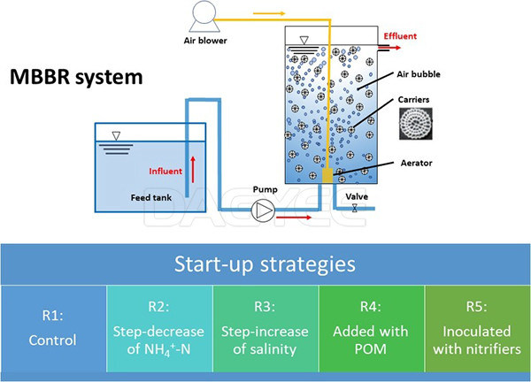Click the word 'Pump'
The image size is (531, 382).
point(265,189)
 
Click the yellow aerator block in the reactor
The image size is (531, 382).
point(327,178)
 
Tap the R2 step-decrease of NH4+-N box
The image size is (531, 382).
point(158,328)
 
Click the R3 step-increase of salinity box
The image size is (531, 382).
point(265,328)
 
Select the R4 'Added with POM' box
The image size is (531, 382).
point(372,328)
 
